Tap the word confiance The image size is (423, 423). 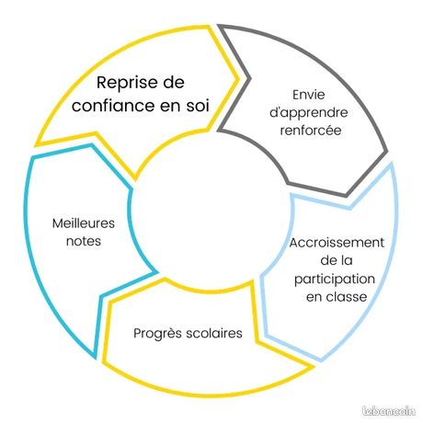(x=113, y=106)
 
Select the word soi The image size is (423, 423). (x=198, y=106)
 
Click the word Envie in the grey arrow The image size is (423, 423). (x=309, y=95)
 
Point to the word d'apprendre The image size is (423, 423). (x=309, y=113)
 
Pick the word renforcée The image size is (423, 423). (x=311, y=131)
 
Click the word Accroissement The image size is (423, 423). (x=337, y=243)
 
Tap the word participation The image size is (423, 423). (x=335, y=280)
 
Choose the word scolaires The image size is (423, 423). (x=214, y=333)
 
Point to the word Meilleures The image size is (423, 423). (x=84, y=223)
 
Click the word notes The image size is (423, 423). (x=84, y=241)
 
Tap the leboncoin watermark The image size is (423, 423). (x=389, y=411)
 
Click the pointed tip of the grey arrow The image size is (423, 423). (x=346, y=196)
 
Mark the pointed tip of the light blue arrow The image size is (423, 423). (x=320, y=360)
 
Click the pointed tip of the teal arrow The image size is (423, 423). (x=95, y=358)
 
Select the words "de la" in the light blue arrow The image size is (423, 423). (x=337, y=260)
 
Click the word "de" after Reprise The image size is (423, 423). (x=174, y=83)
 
